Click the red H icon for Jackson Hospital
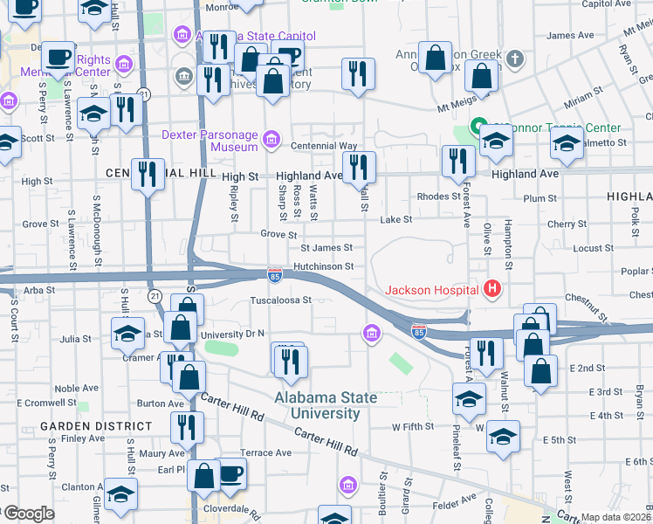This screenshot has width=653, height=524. (x=492, y=289)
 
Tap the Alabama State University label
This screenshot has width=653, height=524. (x=326, y=405)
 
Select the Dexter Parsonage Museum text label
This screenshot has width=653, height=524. (x=210, y=141)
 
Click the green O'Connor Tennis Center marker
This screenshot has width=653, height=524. (x=478, y=128)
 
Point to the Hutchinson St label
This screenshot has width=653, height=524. (x=323, y=266)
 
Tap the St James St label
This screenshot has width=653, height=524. (x=326, y=249)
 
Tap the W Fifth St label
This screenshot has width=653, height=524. (x=413, y=427)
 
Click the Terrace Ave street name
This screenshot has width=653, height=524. (x=266, y=453)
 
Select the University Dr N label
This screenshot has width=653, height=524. (x=231, y=334)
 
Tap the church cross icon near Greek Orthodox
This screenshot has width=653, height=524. (x=516, y=59)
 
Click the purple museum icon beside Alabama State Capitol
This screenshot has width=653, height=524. (x=182, y=36)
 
